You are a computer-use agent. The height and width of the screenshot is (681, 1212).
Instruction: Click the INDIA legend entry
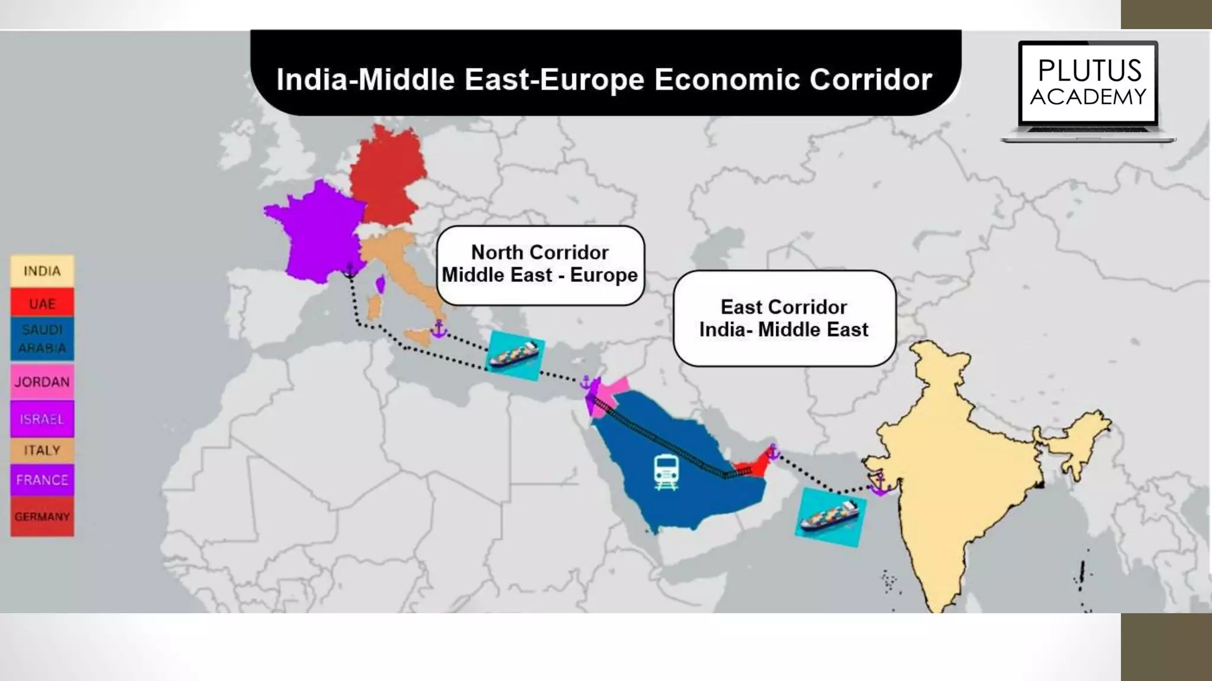coord(42,271)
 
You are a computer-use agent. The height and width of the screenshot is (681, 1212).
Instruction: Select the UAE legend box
coord(42,303)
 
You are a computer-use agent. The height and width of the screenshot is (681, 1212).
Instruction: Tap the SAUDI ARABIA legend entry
coord(42,339)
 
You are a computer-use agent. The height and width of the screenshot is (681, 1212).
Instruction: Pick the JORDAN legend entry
coord(42,382)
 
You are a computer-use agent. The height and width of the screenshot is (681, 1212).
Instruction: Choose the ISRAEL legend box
coord(42,419)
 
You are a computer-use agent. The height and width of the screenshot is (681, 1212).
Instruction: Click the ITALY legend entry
coord(42,450)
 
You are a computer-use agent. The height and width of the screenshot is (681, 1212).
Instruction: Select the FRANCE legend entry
coord(42,480)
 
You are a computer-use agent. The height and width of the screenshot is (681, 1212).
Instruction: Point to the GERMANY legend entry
coord(42,517)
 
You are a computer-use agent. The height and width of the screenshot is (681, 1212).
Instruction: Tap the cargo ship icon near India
coord(830,517)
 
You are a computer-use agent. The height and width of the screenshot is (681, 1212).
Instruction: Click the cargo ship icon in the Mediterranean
coord(514,355)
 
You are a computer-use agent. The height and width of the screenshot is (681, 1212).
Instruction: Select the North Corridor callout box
coord(540,264)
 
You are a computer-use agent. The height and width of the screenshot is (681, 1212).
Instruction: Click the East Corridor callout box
coord(784,318)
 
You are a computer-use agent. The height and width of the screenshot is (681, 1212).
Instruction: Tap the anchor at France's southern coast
coord(350,271)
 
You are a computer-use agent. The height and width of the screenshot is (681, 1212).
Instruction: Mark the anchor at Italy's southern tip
coord(439,329)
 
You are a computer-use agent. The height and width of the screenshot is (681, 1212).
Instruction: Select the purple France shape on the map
coord(317,234)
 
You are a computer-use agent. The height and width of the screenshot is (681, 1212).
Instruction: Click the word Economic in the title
coord(724,79)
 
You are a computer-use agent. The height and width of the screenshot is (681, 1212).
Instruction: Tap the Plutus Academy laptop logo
coord(1088,90)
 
